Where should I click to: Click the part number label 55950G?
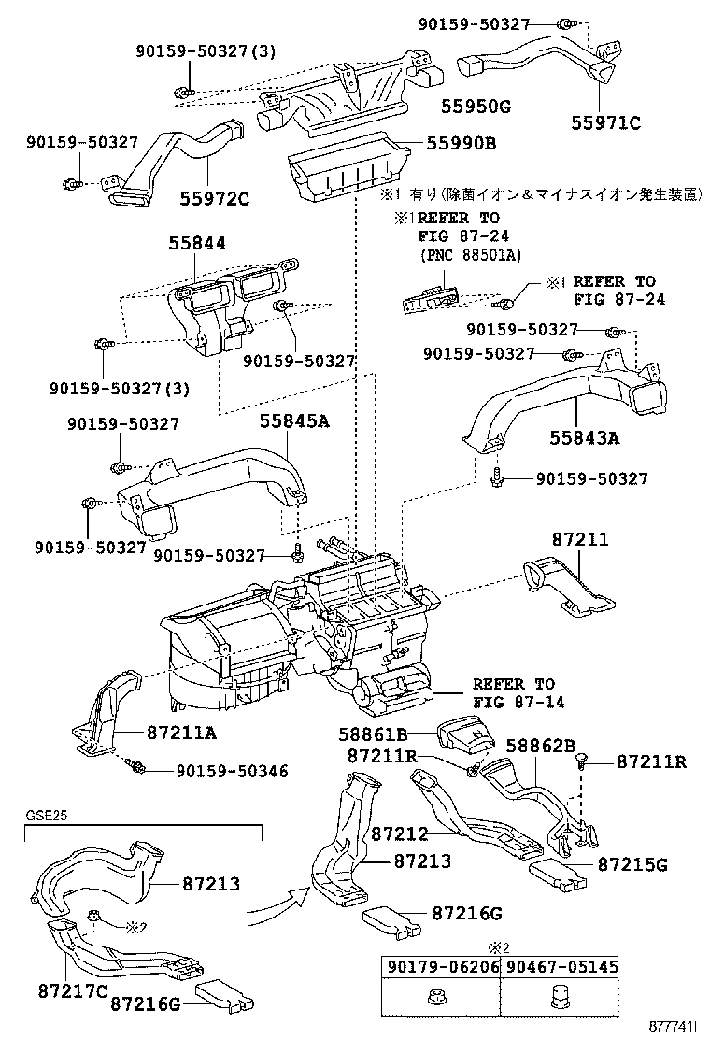(469, 106)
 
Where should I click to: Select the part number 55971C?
(607, 121)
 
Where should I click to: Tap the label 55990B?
(461, 144)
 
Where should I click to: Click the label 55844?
(198, 244)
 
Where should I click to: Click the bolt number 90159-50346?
(219, 771)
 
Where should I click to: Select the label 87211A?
(180, 732)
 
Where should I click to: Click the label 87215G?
(632, 864)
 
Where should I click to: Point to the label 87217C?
(74, 989)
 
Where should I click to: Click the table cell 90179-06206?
(439, 969)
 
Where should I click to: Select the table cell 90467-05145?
(560, 969)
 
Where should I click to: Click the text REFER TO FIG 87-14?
(513, 692)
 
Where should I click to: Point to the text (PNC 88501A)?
(469, 254)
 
